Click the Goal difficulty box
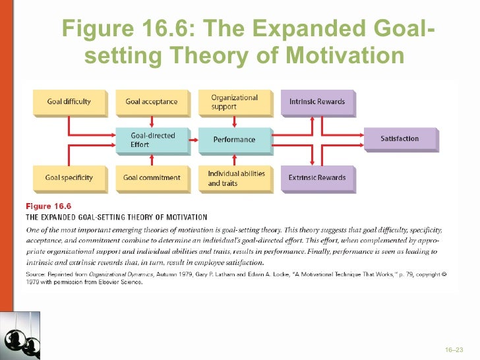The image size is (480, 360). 69,102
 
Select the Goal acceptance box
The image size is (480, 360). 152,102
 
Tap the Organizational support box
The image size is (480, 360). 235,102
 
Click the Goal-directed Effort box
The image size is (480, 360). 152,140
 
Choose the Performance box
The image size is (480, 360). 235,140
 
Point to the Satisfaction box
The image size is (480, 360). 400,139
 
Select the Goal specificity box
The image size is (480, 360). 69,178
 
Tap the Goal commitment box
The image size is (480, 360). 152,178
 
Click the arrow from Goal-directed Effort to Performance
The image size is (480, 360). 193,140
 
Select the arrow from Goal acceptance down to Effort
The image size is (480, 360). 152,121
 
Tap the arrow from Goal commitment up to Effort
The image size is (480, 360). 152,159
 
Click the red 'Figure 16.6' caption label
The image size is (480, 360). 48,206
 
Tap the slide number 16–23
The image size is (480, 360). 454,349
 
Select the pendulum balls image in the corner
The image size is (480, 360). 20,336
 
